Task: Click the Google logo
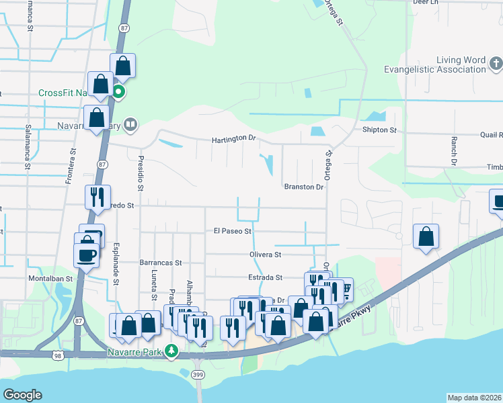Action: click(22, 395)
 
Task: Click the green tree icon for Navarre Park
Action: click(172, 351)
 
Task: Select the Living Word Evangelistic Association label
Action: click(434, 64)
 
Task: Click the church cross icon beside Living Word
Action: click(495, 64)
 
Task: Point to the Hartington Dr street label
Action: click(235, 139)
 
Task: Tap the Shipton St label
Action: click(379, 130)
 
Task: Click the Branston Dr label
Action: click(304, 187)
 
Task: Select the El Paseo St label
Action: click(232, 231)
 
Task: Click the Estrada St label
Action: click(264, 277)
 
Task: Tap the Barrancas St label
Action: click(161, 263)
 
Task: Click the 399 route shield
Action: click(198, 374)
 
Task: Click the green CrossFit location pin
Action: click(118, 92)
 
